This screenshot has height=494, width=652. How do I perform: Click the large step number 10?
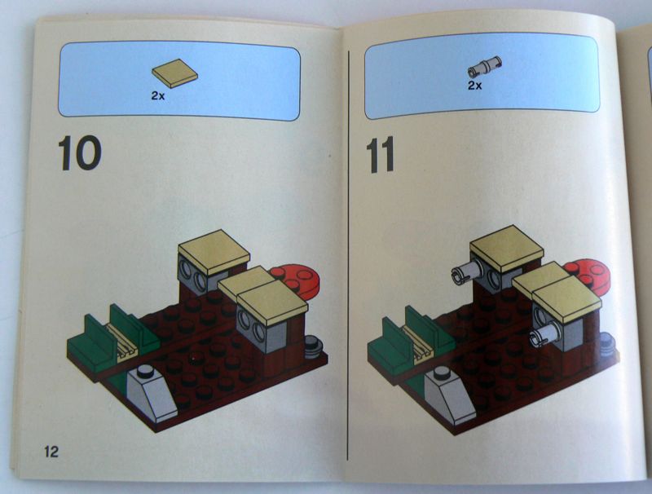coord(79,154)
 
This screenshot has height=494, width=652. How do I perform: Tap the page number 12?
coord(51,451)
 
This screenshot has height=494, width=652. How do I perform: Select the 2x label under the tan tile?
coord(160,95)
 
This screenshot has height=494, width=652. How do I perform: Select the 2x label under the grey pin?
coord(475,84)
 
